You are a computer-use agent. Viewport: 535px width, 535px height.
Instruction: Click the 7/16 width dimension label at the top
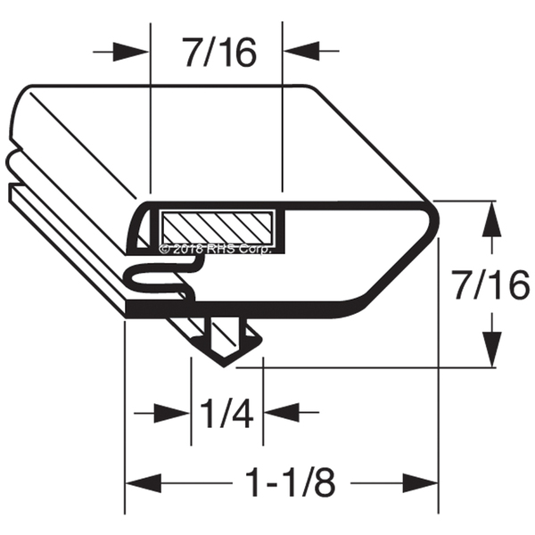(x=218, y=53)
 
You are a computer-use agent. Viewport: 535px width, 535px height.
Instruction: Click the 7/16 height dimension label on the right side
(x=490, y=285)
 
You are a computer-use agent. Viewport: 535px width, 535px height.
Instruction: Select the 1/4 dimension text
(x=226, y=413)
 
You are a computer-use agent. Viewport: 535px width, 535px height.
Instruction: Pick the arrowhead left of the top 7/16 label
(x=131, y=53)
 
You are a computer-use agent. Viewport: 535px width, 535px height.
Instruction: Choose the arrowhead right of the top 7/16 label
(x=301, y=51)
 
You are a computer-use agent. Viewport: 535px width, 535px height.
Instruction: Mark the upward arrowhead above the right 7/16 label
(x=491, y=219)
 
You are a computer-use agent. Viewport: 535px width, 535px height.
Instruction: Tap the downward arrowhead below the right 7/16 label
(x=491, y=350)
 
